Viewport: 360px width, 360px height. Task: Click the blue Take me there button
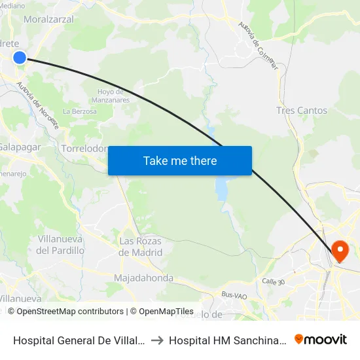[x=180, y=160]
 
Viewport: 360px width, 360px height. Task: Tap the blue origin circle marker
[x=20, y=58]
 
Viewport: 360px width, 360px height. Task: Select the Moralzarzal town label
[x=48, y=19]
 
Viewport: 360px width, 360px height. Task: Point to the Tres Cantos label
[x=302, y=111]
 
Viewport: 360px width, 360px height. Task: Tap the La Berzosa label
[x=79, y=111]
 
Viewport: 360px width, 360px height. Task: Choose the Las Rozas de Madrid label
[x=141, y=246]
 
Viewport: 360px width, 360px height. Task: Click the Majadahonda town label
[x=143, y=278]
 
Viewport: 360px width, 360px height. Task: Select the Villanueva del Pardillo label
[x=60, y=245]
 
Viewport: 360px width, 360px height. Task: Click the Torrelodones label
[x=84, y=149]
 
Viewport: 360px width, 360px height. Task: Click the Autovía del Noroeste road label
[x=38, y=105]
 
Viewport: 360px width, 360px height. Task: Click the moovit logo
[x=321, y=339]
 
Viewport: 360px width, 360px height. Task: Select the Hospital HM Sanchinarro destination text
[x=226, y=340]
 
